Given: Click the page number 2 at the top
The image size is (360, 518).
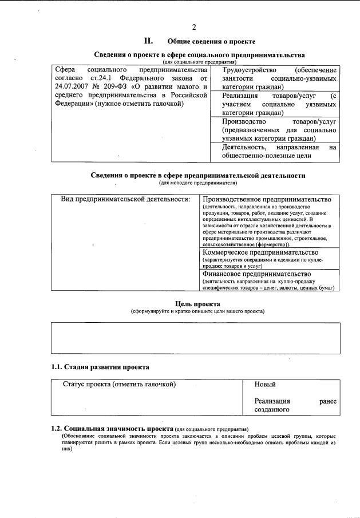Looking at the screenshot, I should [194, 27].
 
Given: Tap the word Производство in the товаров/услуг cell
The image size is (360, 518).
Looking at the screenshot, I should [244, 122].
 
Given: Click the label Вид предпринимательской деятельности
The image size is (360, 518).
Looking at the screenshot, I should [125, 199].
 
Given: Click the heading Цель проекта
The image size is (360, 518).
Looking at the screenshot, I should [197, 304].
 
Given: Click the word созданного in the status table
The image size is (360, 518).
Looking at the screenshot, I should [272, 410].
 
